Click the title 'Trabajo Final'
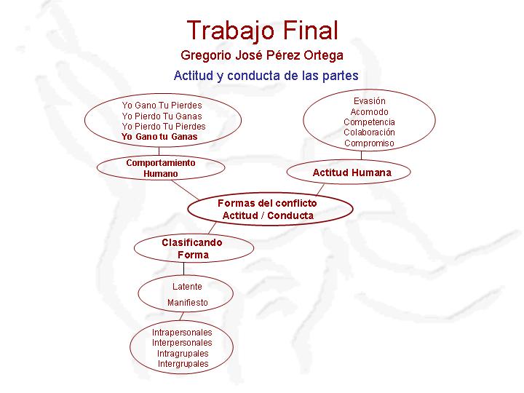(x=263, y=31)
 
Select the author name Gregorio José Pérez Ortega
(x=262, y=55)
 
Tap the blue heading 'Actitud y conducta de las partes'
(x=266, y=76)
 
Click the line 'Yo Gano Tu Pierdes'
(x=162, y=106)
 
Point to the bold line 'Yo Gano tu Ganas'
(x=159, y=137)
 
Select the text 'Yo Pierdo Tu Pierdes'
(x=164, y=127)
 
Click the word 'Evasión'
(x=369, y=101)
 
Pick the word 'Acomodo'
(x=369, y=111)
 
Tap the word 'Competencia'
(x=369, y=122)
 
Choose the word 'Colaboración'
(x=369, y=132)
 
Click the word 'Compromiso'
(x=369, y=143)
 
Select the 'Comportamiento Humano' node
(x=161, y=168)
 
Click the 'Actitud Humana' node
(x=349, y=172)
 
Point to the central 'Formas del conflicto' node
(x=270, y=209)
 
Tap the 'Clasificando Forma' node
(x=194, y=248)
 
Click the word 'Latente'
(x=187, y=287)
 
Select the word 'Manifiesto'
(x=188, y=303)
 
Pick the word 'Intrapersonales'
(x=182, y=333)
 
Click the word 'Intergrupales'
(x=183, y=364)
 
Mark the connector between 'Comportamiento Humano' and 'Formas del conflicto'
(x=186, y=190)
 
